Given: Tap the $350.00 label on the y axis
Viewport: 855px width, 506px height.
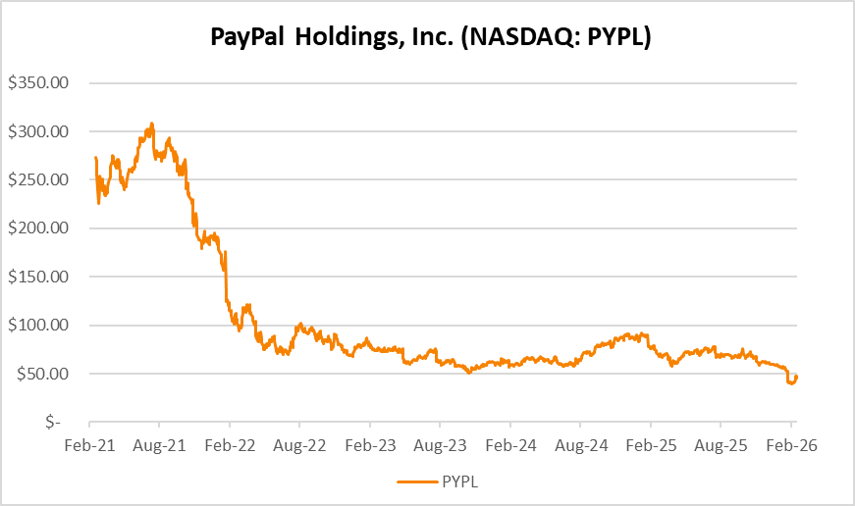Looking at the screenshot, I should click(x=38, y=83).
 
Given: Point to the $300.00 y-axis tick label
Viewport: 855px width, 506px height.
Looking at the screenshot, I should click(x=38, y=131).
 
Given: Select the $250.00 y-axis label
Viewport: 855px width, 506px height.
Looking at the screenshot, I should click(x=38, y=180).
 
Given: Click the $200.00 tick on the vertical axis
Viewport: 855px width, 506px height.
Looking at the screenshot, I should click(x=38, y=228).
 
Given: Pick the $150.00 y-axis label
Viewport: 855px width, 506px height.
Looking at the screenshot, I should click(x=38, y=277).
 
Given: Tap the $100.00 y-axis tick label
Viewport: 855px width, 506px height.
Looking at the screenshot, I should click(x=38, y=326).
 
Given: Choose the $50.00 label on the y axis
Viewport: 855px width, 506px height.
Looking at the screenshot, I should click(x=42, y=374).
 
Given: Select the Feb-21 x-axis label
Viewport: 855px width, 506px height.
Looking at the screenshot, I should click(x=89, y=444).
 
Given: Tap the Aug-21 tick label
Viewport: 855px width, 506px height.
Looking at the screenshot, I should click(x=159, y=444).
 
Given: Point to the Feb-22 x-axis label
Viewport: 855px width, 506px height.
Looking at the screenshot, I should click(x=229, y=444).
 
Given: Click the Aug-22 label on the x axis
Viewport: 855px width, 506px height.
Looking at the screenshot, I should click(x=299, y=444).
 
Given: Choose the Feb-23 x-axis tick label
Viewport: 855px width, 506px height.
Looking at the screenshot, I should click(x=370, y=444).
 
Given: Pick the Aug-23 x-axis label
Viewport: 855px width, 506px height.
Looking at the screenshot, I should click(x=440, y=444).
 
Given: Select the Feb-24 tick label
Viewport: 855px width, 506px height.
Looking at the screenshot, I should click(x=509, y=444).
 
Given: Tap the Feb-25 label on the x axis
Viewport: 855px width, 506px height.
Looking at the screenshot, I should click(x=650, y=444).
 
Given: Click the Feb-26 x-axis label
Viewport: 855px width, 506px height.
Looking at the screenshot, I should click(x=791, y=444).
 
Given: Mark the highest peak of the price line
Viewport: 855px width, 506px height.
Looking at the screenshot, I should click(x=151, y=124).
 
